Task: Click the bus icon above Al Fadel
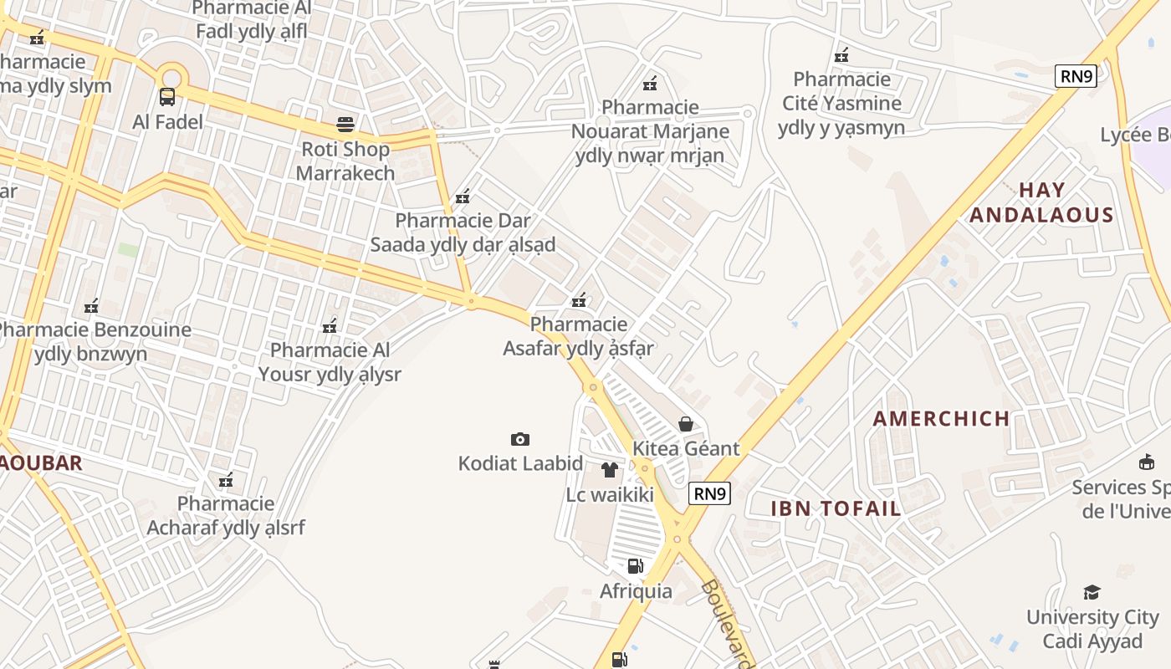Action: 167,96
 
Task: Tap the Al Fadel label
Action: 167,122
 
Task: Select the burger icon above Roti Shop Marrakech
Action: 345,125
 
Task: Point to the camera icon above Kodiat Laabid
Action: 520,439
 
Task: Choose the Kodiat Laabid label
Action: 520,463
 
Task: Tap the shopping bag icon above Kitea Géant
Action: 686,424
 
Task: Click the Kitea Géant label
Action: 686,448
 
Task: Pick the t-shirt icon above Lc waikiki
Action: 610,470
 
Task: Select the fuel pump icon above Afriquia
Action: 636,566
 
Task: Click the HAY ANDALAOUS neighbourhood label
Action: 1041,202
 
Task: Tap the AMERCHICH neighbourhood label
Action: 941,419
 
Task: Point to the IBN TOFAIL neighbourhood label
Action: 836,508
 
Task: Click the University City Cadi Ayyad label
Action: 1092,630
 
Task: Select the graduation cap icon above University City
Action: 1092,593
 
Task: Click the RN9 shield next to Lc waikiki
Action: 709,493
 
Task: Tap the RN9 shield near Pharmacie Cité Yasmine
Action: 1076,76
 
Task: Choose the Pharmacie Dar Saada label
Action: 463,232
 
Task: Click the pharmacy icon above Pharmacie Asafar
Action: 578,300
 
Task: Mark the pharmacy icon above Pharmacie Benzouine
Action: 91,306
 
